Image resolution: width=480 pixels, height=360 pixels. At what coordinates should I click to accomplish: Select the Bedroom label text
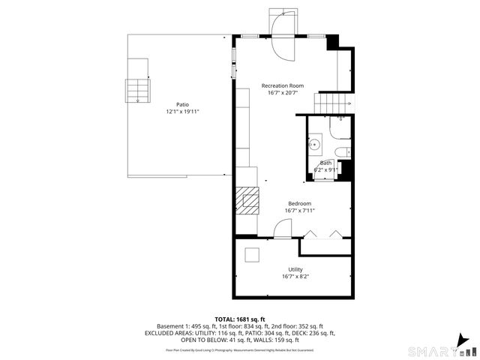point(299,203)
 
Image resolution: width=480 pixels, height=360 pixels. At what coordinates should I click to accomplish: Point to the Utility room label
point(295,269)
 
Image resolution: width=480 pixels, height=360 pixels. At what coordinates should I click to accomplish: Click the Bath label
point(325,163)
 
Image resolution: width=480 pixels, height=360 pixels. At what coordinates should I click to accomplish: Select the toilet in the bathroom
point(342,153)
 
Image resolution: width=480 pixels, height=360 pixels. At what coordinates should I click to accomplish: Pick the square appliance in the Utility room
point(253,255)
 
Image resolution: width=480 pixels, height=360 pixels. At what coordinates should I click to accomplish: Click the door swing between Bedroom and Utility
point(283,230)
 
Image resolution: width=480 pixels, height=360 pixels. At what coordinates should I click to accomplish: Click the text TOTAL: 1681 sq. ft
point(240,319)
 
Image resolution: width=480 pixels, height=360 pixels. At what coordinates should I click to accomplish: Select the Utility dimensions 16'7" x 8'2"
point(295,277)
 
